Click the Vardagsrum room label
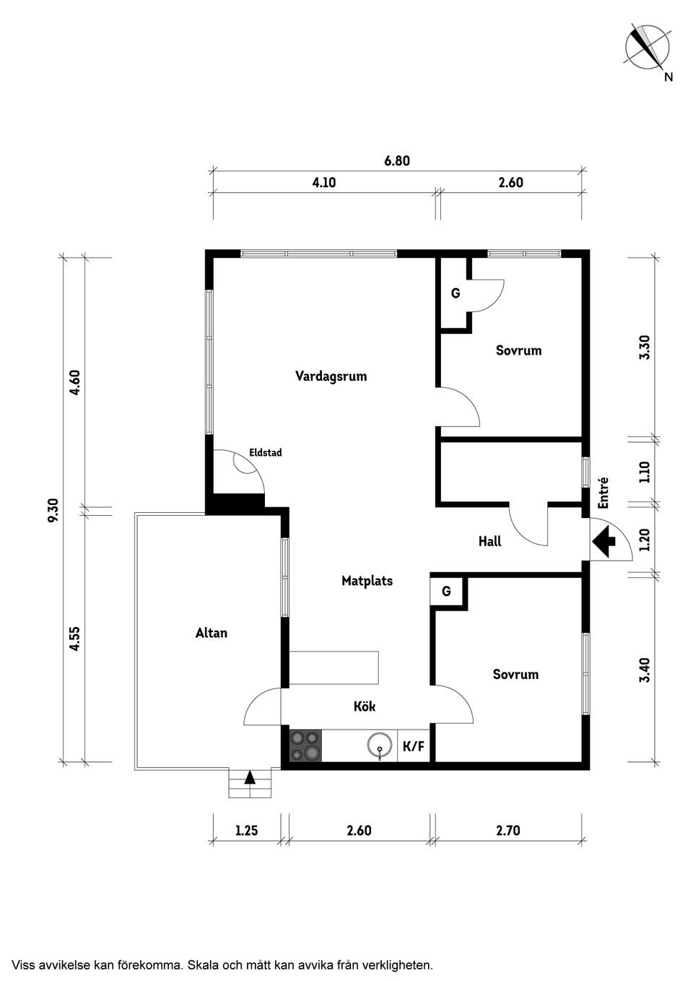[331, 376]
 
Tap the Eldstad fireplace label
[266, 452]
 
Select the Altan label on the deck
[212, 633]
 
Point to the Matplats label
[367, 581]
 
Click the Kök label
[365, 706]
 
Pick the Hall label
[489, 541]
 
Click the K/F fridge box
[414, 746]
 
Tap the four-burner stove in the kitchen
[305, 746]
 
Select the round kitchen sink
[378, 746]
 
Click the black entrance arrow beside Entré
[603, 541]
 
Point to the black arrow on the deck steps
[249, 777]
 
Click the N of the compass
[668, 77]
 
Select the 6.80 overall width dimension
[397, 160]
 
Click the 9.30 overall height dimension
[54, 510]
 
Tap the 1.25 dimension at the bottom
[247, 830]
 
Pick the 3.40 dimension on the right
[645, 670]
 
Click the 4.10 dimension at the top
[323, 182]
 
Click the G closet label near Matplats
[446, 592]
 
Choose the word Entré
[603, 493]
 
